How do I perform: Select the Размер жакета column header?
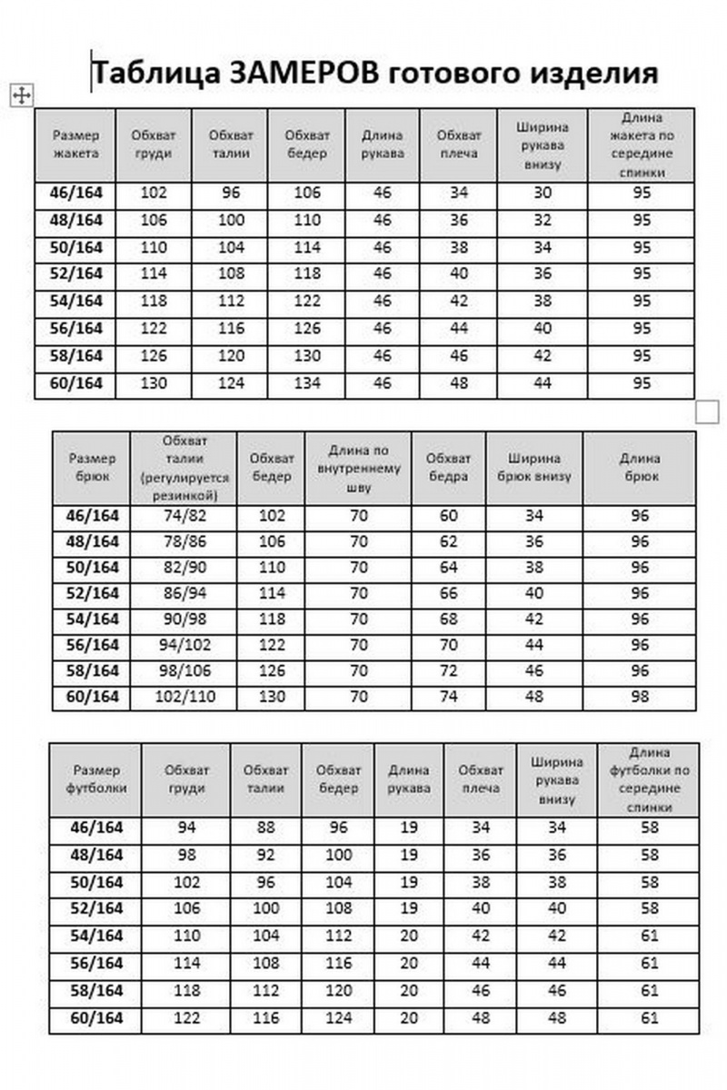pos(76,145)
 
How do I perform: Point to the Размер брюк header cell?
pos(92,468)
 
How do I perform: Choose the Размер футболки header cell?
pos(95,778)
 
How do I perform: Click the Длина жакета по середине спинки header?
pos(642,145)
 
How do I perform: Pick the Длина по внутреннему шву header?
pos(359,468)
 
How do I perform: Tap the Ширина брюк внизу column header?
pos(534,468)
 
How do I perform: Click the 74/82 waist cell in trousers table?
pos(184,516)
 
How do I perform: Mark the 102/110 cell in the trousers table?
pos(184,697)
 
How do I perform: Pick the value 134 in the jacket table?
pos(307,383)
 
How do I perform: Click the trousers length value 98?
pos(640,697)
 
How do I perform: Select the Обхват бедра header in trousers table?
pos(449,468)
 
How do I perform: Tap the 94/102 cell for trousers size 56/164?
pos(184,645)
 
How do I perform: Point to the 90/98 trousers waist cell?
pos(184,619)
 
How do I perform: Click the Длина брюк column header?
pos(640,468)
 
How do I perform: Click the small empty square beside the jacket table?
pos(707,411)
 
